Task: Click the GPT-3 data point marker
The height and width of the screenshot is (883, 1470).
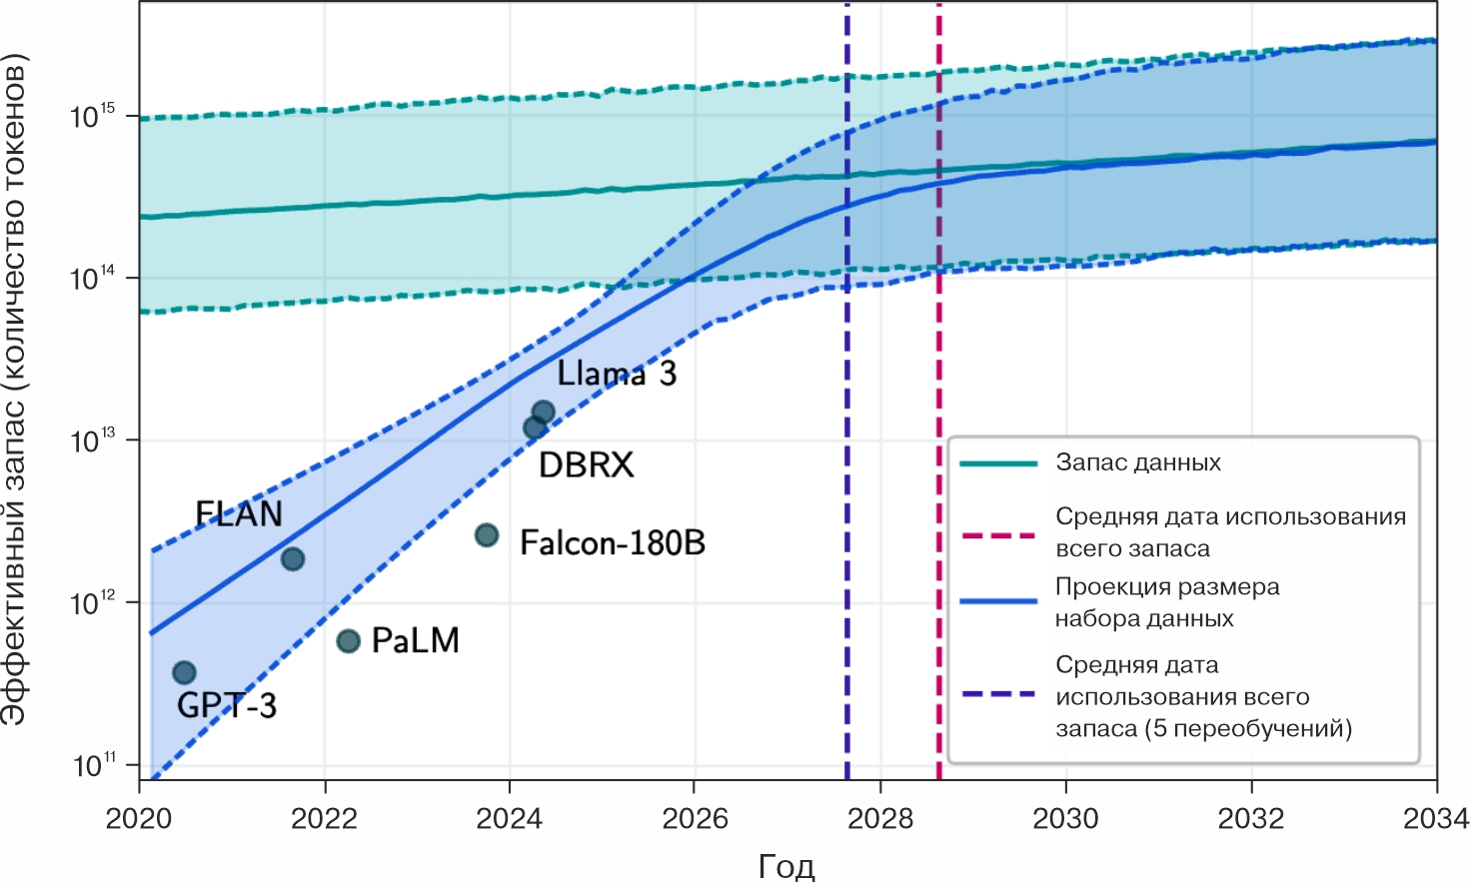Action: coord(184,672)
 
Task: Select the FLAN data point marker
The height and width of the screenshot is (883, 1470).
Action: coord(293,558)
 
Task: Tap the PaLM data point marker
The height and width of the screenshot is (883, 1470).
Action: coord(348,640)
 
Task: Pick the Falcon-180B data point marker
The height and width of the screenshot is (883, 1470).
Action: coord(487,535)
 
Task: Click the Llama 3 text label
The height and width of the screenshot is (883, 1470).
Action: coord(617,374)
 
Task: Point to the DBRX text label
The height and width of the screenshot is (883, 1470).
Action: coord(587,464)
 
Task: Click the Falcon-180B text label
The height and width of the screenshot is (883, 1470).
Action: coord(613,542)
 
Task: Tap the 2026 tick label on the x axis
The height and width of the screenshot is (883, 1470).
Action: coord(695,819)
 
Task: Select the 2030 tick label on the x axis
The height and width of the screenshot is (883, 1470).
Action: coord(1065,819)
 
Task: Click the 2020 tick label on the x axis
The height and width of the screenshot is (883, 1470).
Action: coord(138,819)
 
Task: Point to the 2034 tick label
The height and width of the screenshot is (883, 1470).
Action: coord(1435,819)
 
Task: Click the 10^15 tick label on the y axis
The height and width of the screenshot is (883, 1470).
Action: coord(93,116)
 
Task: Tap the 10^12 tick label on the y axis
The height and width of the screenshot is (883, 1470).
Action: coord(93,603)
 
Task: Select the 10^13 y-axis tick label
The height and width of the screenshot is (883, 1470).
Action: coord(93,441)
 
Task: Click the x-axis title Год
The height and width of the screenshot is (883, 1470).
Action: coord(786,865)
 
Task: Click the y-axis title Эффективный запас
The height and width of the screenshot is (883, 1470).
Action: coord(16,390)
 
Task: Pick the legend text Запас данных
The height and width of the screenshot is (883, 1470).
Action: coord(1138,462)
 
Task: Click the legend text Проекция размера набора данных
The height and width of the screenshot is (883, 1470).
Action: coord(1167,602)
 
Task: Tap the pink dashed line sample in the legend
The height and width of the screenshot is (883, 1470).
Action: coord(998,535)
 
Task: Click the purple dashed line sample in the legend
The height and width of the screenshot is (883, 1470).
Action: coord(998,694)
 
